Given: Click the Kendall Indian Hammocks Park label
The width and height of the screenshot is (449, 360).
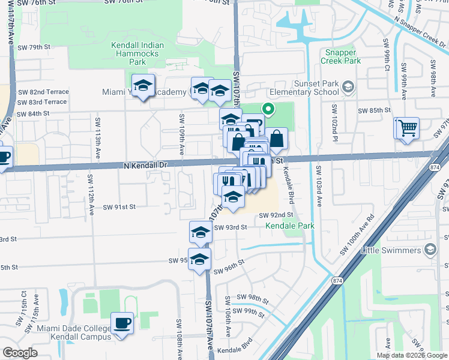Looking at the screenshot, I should pyautogui.click(x=137, y=53).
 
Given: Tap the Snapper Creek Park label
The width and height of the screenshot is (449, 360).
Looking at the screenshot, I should pyautogui.click(x=340, y=56).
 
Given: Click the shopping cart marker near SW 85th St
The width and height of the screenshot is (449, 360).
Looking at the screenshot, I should pyautogui.click(x=406, y=128).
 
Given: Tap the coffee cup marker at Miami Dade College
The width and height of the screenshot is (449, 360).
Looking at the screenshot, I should pyautogui.click(x=123, y=323).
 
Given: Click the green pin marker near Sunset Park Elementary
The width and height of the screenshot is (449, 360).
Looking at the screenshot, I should pyautogui.click(x=268, y=109).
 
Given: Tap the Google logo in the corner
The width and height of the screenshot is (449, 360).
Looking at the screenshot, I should pyautogui.click(x=20, y=352).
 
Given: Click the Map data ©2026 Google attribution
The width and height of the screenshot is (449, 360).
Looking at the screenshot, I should pyautogui.click(x=412, y=355).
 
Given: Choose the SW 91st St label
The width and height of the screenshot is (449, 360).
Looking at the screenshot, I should pyautogui.click(x=119, y=206).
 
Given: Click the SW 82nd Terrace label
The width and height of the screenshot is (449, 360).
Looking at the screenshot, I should pyautogui.click(x=43, y=92).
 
